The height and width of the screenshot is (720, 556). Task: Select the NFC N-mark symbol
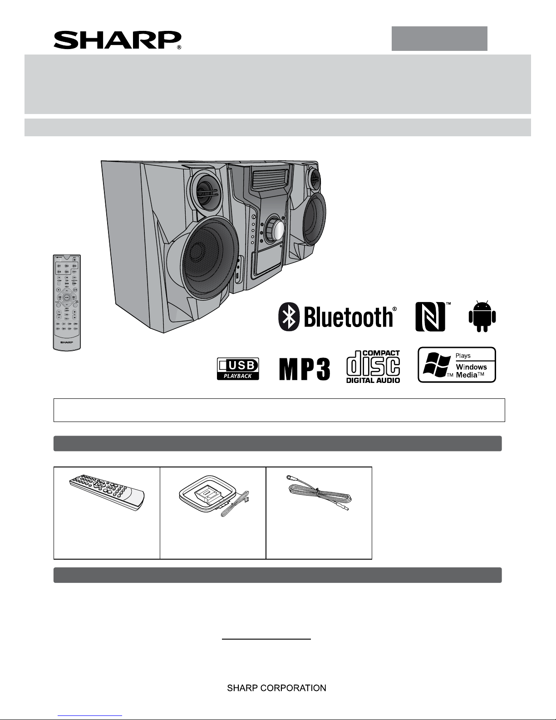point(430,317)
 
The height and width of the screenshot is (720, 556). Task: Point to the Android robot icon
point(482,316)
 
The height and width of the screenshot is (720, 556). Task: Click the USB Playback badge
point(238,369)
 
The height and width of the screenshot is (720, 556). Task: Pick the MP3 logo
point(305,369)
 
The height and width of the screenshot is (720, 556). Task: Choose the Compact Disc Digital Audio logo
point(373,367)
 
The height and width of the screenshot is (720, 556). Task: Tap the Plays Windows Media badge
point(457,365)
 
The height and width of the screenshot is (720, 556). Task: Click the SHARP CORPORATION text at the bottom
point(276,688)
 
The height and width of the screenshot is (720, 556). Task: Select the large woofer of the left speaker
point(203,258)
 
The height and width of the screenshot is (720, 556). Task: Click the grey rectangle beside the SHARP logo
point(439,39)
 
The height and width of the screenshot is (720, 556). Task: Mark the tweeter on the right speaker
point(313,178)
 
